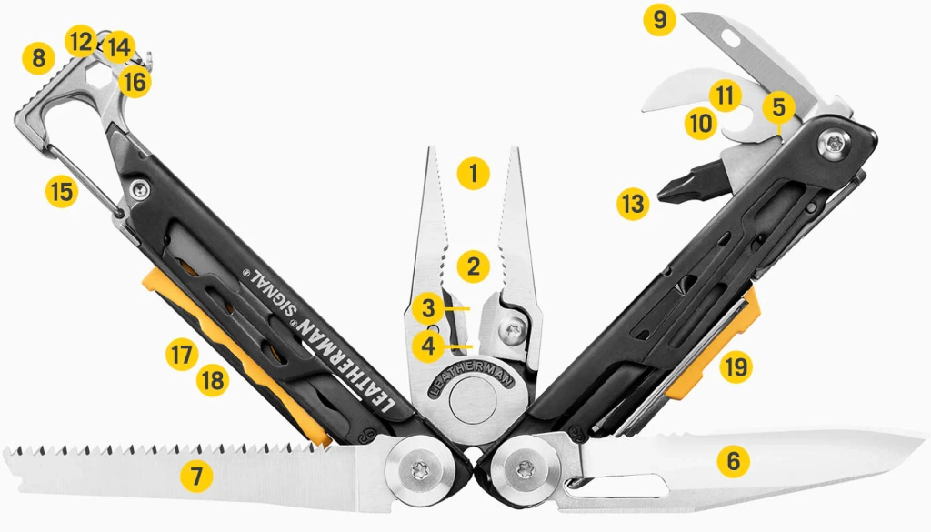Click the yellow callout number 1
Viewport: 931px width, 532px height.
[474, 173]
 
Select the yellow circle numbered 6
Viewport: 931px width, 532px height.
[733, 461]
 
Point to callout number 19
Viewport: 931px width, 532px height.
[736, 367]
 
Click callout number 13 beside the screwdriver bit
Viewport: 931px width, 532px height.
[632, 204]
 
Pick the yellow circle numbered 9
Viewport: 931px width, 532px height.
[659, 20]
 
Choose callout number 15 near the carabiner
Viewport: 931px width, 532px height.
[62, 192]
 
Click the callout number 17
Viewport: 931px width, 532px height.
[182, 353]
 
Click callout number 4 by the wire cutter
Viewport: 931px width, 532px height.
[427, 345]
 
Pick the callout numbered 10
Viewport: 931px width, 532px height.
[699, 124]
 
